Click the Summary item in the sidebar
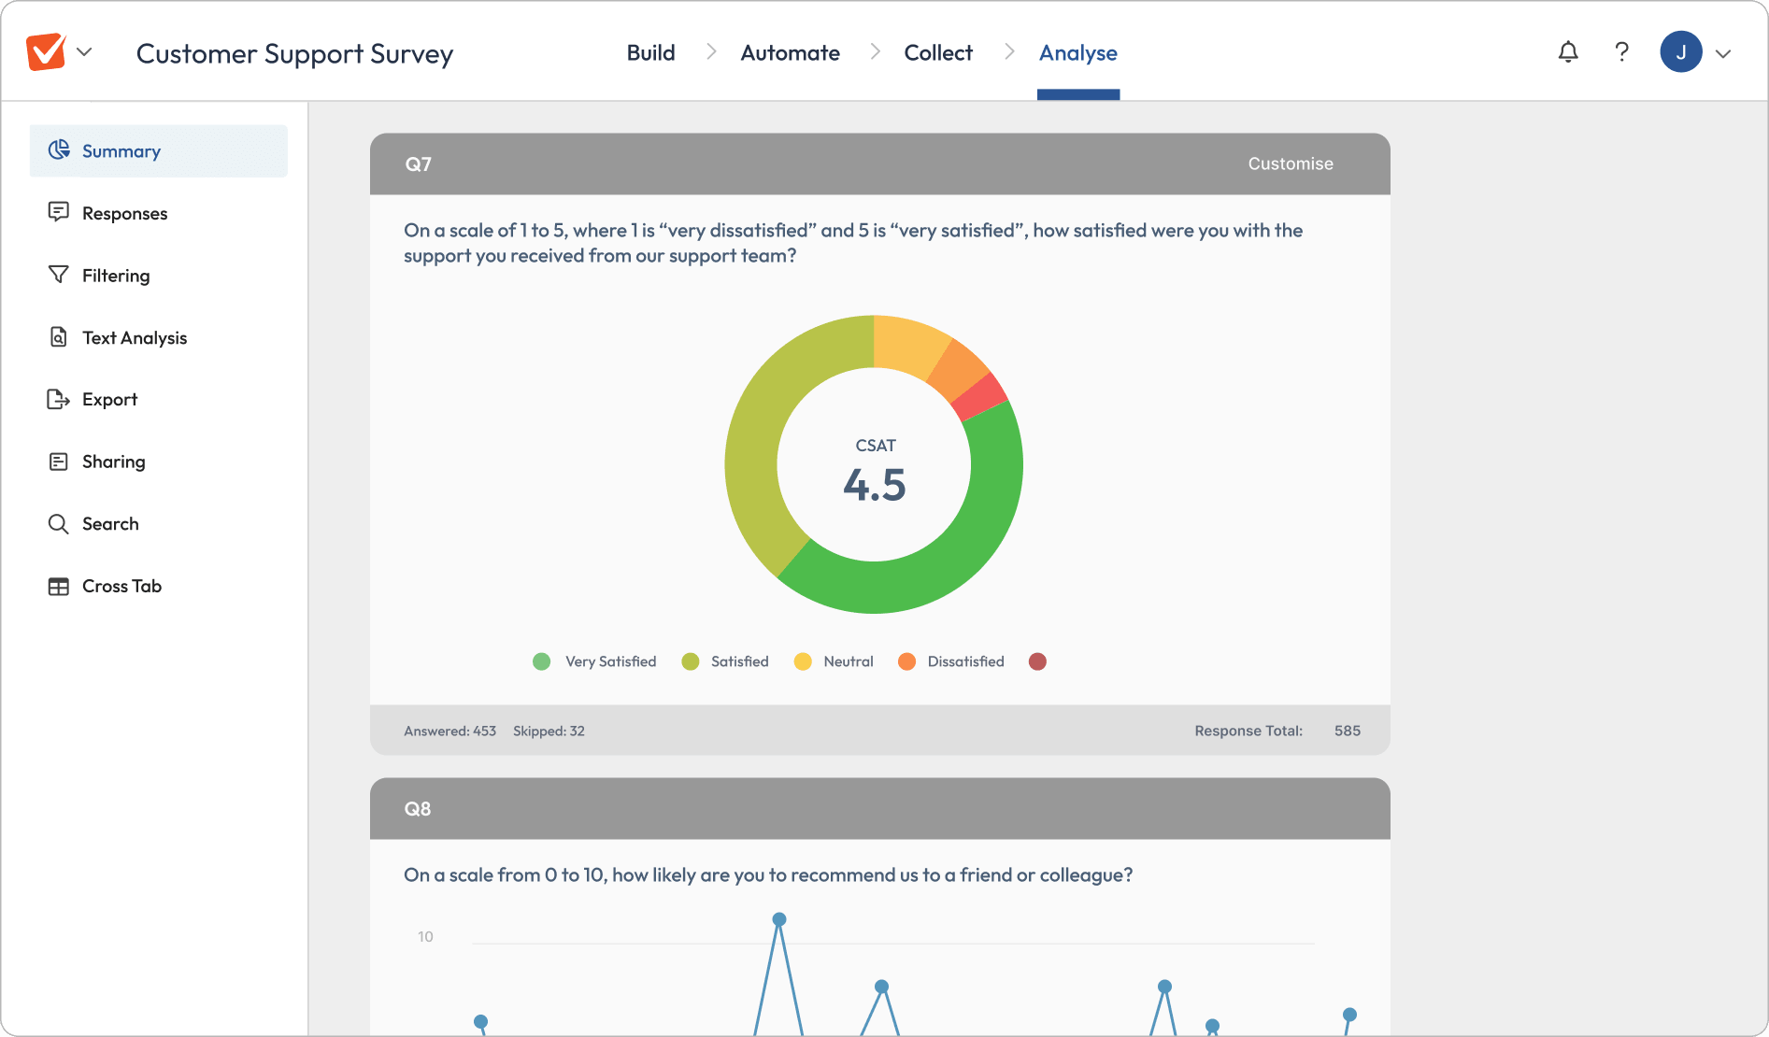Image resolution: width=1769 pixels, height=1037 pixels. (x=121, y=151)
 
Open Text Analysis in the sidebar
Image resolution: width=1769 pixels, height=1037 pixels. (x=134, y=338)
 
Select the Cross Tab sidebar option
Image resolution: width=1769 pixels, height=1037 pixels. (x=121, y=587)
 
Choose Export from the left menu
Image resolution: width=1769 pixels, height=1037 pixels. (x=109, y=400)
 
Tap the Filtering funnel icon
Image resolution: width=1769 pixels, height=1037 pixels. (x=58, y=275)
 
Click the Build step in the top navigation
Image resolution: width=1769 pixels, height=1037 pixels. (x=650, y=53)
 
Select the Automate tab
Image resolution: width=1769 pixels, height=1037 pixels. (x=790, y=53)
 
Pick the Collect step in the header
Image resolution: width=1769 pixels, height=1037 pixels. (x=938, y=53)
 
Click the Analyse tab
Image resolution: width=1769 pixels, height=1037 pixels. (x=1078, y=53)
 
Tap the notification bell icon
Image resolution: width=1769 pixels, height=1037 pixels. (x=1568, y=52)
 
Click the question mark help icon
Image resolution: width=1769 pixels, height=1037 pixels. (x=1622, y=52)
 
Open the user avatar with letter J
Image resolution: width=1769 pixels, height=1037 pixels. (x=1680, y=52)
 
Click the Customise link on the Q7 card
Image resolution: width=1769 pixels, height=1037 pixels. (x=1291, y=164)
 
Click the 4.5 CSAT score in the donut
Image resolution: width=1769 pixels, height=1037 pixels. (x=875, y=485)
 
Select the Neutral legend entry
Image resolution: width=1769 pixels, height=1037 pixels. (x=848, y=661)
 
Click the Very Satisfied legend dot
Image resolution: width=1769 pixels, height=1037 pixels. (x=541, y=661)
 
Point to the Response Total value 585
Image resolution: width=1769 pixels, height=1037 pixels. (x=1347, y=731)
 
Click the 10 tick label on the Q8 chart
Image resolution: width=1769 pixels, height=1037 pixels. (x=425, y=937)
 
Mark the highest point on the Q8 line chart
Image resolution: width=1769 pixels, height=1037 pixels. (x=779, y=919)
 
